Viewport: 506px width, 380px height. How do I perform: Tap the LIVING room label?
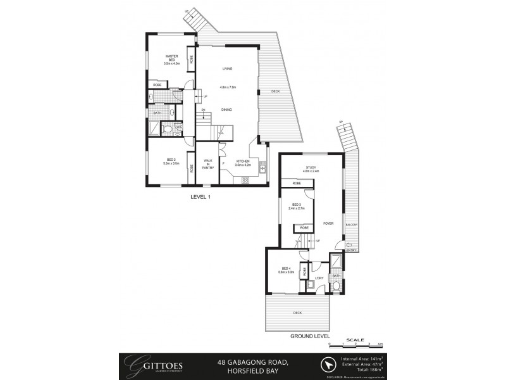[x=226, y=68]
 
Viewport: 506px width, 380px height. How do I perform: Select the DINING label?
[x=226, y=110]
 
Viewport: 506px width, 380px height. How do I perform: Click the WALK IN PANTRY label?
[x=207, y=164]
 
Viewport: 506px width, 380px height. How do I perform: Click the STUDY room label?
[x=310, y=168]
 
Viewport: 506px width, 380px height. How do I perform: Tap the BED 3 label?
[x=297, y=205]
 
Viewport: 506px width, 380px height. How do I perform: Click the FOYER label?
[x=328, y=224]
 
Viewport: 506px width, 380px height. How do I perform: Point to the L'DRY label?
[x=319, y=278]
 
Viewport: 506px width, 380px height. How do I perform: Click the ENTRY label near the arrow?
[x=351, y=250]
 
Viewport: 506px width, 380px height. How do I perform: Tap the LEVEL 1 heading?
[x=200, y=197]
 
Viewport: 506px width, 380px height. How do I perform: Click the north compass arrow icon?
[x=327, y=365]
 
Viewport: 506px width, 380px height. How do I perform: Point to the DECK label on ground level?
[x=297, y=313]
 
